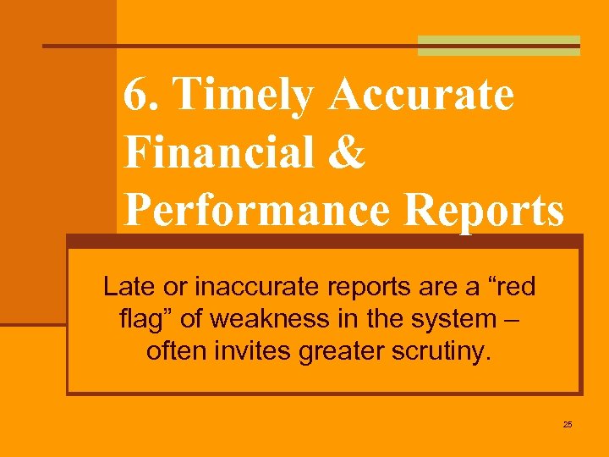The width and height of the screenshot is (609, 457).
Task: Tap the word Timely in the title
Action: click(242, 96)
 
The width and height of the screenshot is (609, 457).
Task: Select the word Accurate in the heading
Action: click(420, 94)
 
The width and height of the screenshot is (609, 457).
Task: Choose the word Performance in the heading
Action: click(256, 211)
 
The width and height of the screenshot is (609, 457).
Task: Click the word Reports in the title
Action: click(484, 211)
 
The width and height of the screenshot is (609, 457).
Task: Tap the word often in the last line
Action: click(173, 350)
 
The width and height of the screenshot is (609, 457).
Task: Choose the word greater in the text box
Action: click(344, 350)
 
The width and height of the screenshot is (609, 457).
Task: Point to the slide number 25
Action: click(568, 424)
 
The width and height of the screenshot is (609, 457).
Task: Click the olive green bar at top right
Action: click(499, 46)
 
